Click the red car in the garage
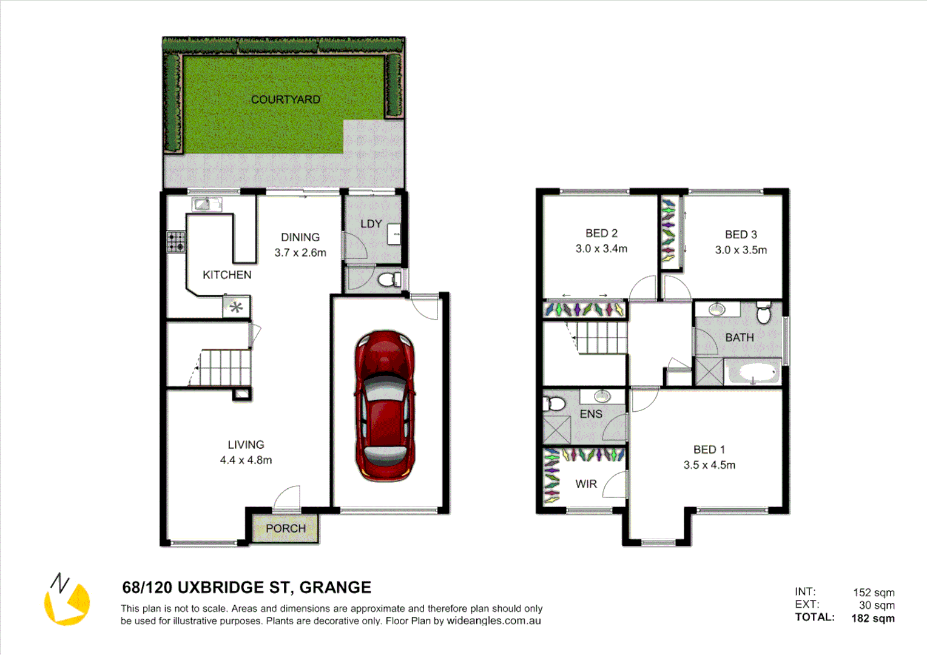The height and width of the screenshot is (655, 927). point(385,405)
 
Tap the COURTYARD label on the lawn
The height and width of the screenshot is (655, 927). point(285,99)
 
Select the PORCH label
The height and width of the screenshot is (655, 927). point(286,529)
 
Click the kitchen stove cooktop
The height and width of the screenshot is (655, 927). point(177,241)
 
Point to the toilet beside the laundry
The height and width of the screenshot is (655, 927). point(388,280)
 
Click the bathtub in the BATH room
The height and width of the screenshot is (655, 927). point(752,372)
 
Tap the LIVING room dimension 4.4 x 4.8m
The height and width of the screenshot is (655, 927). point(246,460)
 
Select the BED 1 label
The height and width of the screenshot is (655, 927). point(709,449)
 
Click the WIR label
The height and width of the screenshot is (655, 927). point(586,484)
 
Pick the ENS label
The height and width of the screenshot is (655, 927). point(591,414)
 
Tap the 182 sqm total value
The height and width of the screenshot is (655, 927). point(873,618)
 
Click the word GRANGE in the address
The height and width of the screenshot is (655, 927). point(335,587)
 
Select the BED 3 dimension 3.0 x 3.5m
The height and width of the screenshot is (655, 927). point(741,250)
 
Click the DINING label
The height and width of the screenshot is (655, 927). point(300,237)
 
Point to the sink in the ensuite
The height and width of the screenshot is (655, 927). point(601,397)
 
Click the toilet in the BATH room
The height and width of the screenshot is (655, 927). point(764,314)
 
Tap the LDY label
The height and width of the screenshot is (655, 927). point(371,224)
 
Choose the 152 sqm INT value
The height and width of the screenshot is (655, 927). point(874,593)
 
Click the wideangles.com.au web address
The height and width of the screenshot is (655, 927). point(494,621)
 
